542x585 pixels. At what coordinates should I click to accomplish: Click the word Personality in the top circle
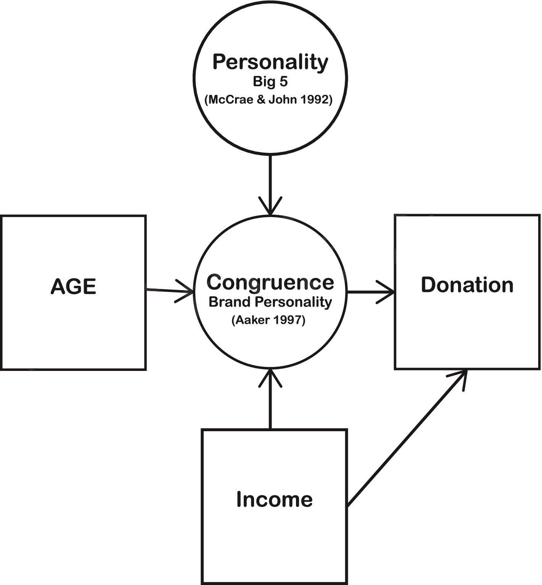[270, 62]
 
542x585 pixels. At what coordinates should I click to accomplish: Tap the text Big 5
[270, 82]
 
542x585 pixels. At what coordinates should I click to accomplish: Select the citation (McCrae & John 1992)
[269, 100]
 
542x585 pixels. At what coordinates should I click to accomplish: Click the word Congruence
[270, 282]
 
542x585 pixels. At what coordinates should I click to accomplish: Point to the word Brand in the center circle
[230, 302]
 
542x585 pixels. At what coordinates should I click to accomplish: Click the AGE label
[73, 286]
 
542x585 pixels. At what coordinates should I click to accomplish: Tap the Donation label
[467, 285]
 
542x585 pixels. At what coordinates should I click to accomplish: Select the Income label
[274, 500]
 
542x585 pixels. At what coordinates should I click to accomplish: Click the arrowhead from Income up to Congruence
[270, 376]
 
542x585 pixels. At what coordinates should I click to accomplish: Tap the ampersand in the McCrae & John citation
[261, 100]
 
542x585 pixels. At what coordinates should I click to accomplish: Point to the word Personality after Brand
[294, 302]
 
